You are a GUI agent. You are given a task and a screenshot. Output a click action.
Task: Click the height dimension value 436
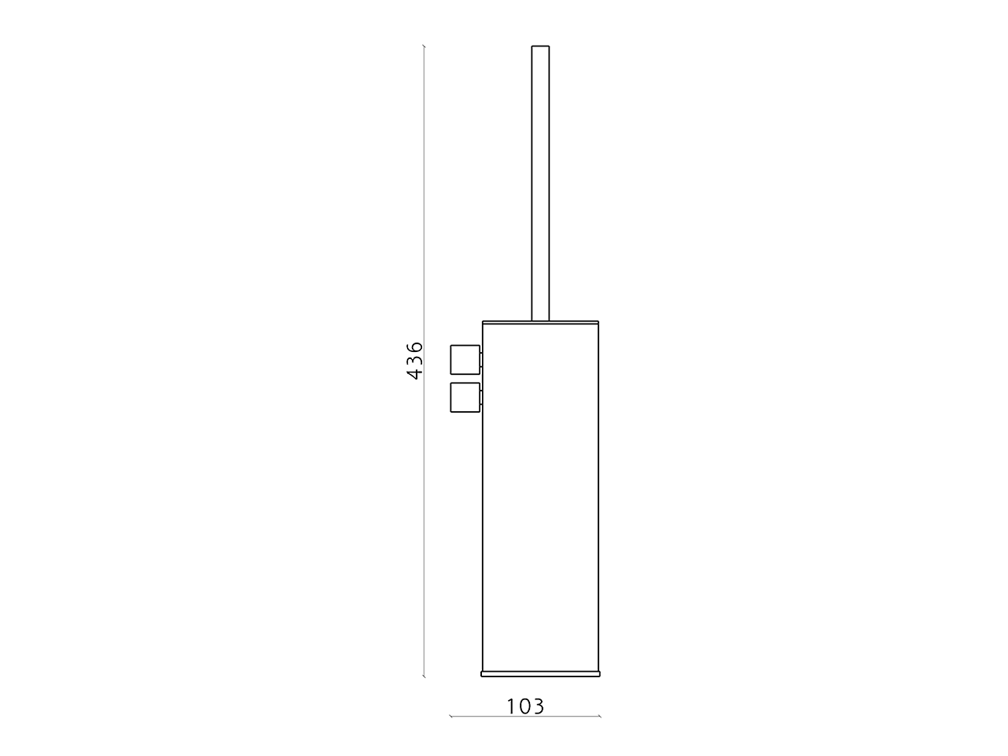tap(415, 360)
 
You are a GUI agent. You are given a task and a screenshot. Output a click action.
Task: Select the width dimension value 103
tap(525, 706)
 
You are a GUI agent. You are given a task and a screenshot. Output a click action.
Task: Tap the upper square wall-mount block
tap(465, 359)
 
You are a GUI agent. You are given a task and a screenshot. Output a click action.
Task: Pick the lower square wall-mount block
tap(465, 397)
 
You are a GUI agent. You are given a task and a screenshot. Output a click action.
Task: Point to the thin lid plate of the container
tap(540, 322)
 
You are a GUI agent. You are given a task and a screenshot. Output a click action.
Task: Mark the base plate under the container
tap(540, 674)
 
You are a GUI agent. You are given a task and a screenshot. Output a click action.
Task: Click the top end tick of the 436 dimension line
tap(424, 46)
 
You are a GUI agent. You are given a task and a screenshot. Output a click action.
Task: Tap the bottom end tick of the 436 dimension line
tap(424, 676)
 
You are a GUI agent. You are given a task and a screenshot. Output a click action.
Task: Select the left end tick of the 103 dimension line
tap(450, 716)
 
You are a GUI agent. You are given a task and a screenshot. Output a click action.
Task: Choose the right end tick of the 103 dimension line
tap(600, 716)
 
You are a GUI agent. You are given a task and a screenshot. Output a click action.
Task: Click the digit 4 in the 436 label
tap(415, 373)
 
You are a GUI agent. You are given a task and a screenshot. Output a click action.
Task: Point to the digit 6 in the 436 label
tap(415, 346)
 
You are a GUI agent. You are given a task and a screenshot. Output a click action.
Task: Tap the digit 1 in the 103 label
tap(511, 706)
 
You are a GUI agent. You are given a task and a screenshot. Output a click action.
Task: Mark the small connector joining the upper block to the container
tap(481, 360)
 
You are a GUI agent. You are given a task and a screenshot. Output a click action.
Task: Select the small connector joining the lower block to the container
tap(481, 398)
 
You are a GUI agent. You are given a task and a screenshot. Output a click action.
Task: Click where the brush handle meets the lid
tap(540, 319)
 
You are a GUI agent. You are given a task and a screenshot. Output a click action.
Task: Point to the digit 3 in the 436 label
tap(415, 360)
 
